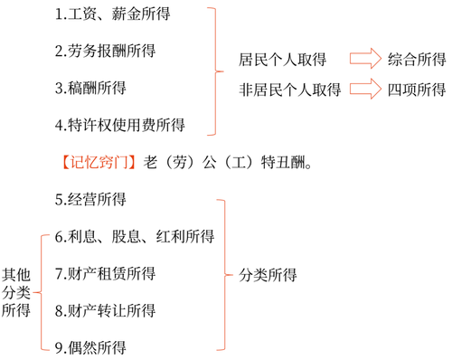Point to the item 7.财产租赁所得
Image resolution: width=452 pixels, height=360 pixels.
pos(104,273)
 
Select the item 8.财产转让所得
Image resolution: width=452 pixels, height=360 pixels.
pos(104,310)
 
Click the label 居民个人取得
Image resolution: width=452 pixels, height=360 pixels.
pos(282,59)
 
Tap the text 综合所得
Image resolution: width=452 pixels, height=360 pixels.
pos(416,59)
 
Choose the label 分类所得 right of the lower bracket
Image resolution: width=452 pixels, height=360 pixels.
pos(268,274)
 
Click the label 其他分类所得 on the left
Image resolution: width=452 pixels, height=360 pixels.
pos(16,291)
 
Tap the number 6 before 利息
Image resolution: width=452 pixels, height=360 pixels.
pos(59,237)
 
